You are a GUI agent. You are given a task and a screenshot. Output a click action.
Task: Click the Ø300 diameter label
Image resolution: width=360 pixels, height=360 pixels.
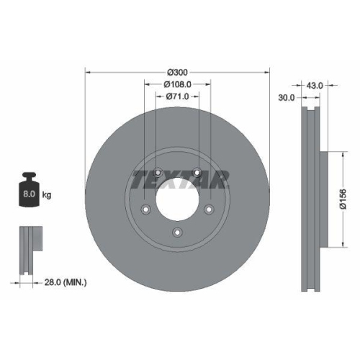click(x=178, y=72)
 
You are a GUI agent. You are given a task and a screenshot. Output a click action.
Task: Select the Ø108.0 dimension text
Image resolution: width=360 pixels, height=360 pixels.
click(x=178, y=84)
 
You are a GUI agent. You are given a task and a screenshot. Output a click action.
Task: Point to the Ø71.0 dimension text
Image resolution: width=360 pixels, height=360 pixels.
click(x=177, y=96)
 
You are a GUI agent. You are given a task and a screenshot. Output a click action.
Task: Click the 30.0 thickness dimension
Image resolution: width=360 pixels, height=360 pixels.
click(x=287, y=98)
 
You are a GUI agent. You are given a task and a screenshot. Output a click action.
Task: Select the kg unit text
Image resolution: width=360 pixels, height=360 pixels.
click(x=47, y=194)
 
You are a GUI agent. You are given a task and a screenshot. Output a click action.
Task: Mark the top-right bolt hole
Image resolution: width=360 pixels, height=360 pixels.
click(x=197, y=171)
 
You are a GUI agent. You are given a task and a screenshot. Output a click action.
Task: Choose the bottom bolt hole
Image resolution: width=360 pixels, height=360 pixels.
click(x=177, y=233)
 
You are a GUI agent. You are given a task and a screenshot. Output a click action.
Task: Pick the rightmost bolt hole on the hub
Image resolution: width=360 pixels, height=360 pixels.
click(x=210, y=210)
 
